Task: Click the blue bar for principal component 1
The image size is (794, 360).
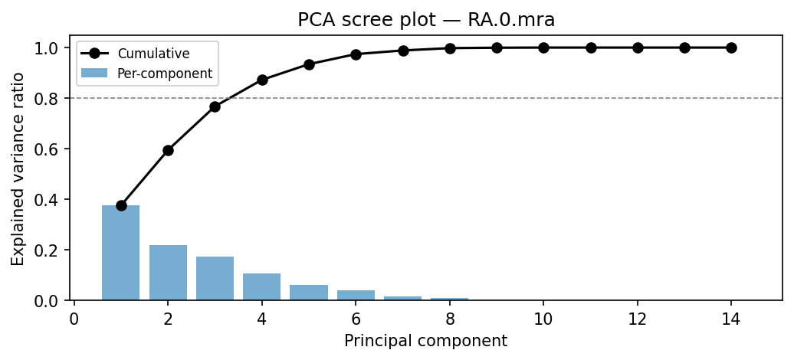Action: point(121,253)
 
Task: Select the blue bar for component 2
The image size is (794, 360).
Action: point(168,273)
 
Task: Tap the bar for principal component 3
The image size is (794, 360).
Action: point(215,278)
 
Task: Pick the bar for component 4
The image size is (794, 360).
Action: point(262,286)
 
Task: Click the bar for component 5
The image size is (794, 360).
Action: point(309,293)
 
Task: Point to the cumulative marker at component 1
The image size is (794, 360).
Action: point(121,205)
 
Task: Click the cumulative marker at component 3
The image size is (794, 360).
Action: point(215,106)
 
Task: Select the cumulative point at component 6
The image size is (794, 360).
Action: point(356,54)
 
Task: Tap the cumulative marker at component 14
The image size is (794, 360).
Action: point(731,47)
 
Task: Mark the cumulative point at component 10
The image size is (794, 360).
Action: point(543,47)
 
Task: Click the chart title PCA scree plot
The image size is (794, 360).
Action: point(425,20)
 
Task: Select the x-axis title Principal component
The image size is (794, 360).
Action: point(425,341)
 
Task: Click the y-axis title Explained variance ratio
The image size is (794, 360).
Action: point(18,169)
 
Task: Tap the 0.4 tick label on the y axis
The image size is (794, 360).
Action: point(54,200)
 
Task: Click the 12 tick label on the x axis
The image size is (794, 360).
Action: point(638,318)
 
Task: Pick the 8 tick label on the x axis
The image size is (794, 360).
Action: point(450,318)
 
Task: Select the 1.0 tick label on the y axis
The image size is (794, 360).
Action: point(54,48)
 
